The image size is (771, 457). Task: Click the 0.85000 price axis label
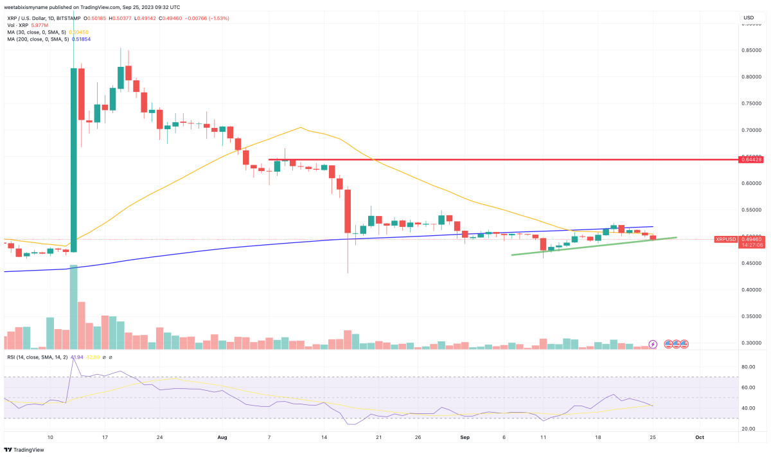coord(747,49)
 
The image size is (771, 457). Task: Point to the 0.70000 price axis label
coord(747,130)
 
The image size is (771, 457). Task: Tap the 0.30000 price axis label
coord(747,343)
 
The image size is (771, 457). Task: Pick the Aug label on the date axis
coord(222,437)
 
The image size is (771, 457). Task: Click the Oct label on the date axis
coord(700,437)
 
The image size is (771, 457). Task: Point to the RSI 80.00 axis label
coord(747,367)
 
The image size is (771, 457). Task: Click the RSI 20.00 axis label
coord(747,429)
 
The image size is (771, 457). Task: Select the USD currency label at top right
coord(749,17)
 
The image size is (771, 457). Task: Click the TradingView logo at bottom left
coord(21,449)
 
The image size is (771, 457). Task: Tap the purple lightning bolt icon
coord(653,344)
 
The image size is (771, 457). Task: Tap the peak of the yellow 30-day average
coord(301,128)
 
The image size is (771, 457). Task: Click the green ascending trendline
coord(591,246)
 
